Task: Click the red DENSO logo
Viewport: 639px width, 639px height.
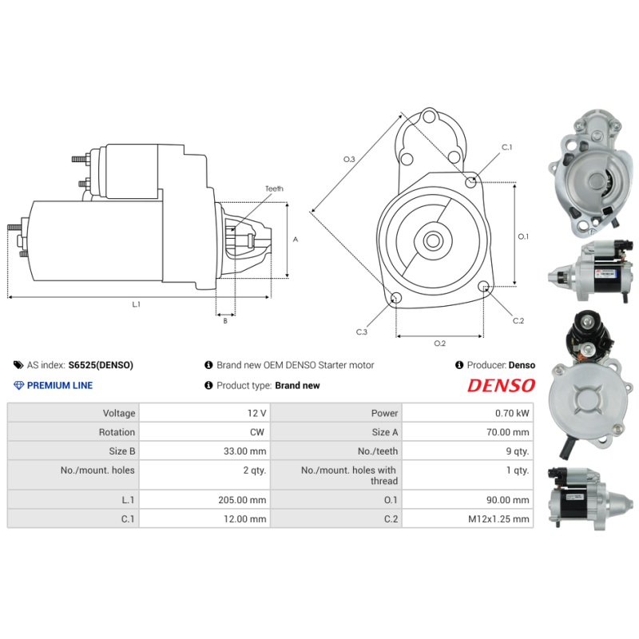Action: tap(501, 385)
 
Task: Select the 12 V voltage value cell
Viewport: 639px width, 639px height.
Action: tap(256, 413)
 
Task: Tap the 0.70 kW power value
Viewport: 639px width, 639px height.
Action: tap(512, 413)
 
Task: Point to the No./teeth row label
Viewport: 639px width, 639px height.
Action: tap(379, 451)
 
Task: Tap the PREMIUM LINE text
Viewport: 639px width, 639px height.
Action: tap(60, 385)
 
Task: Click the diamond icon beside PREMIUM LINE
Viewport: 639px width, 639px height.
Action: tap(19, 385)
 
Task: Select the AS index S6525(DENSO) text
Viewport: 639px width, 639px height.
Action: tap(101, 365)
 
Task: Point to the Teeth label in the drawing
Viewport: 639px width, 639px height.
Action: tap(274, 189)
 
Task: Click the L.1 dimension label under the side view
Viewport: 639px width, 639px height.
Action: tap(136, 304)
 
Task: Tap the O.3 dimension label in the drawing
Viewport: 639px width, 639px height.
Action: tap(349, 160)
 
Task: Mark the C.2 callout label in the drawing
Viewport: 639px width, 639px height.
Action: tap(518, 320)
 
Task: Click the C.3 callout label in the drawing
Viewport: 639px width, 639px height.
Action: tap(362, 331)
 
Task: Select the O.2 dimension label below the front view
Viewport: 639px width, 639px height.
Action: tap(439, 343)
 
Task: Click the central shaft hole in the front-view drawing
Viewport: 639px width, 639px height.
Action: tap(432, 240)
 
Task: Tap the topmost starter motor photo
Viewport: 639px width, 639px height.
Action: tap(589, 172)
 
